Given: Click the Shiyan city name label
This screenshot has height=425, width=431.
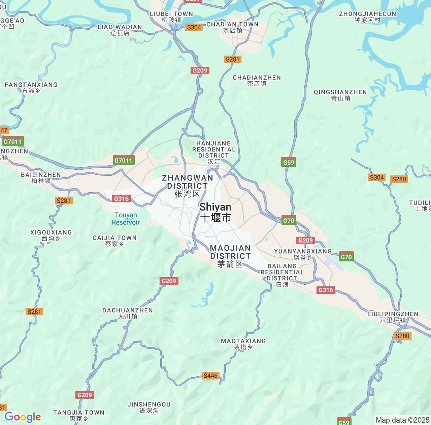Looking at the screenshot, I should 215,213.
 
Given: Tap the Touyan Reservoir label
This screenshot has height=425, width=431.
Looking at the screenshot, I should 126,219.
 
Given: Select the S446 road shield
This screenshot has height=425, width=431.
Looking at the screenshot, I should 211,376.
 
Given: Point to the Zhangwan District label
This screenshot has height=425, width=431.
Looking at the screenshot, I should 188,186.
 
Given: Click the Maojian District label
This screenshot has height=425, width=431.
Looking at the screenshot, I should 230,256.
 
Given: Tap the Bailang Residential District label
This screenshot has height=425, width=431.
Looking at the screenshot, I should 282,275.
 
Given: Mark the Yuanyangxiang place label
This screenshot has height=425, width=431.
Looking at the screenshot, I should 303,254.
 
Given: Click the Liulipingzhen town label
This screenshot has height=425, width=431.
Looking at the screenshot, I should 393,317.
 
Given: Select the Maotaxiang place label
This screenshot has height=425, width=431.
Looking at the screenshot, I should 243,344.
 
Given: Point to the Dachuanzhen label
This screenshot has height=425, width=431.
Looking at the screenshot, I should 128,313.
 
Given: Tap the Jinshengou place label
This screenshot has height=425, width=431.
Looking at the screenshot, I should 149,407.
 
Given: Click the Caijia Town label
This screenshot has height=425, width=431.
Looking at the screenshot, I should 114,240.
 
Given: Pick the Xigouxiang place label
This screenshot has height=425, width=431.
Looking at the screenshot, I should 51,235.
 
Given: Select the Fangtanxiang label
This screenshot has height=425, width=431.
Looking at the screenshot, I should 31,87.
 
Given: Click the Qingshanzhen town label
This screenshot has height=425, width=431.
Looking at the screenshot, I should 340,95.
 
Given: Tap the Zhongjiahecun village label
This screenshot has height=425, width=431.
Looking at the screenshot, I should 367,17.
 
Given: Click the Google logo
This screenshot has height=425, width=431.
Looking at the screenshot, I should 23,417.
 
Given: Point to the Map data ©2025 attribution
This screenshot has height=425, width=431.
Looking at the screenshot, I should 402,420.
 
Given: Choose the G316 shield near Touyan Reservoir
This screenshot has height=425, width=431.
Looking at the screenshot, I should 121,199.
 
